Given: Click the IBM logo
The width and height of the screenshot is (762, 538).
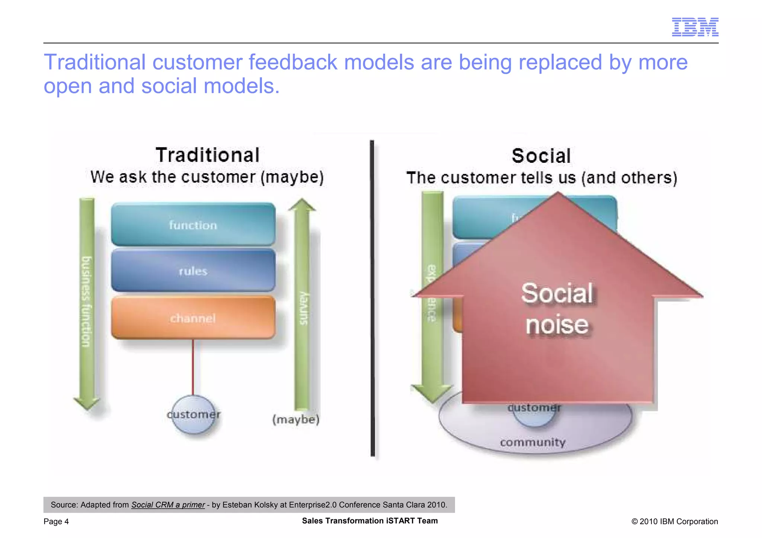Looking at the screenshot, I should pyautogui.click(x=695, y=27).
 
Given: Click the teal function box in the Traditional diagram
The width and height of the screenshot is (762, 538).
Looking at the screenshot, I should pyautogui.click(x=193, y=225).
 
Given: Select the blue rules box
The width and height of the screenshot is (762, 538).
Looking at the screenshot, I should pyautogui.click(x=193, y=271).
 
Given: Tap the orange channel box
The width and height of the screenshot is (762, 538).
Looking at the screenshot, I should pyautogui.click(x=193, y=318).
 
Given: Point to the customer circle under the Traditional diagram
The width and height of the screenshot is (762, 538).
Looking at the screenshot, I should pyautogui.click(x=193, y=415).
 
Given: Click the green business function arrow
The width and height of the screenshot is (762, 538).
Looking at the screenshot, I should pyautogui.click(x=86, y=301).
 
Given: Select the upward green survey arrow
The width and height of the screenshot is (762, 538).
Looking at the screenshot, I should pyautogui.click(x=302, y=305).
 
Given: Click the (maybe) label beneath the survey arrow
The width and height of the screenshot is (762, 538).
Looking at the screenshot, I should pyautogui.click(x=296, y=419).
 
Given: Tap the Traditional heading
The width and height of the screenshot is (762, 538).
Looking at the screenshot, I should pyautogui.click(x=208, y=155).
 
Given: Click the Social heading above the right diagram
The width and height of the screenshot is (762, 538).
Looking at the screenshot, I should pyautogui.click(x=541, y=156).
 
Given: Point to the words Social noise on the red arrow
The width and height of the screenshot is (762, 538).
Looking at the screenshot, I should pyautogui.click(x=557, y=309).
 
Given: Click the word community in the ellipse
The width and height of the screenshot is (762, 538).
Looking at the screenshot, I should pyautogui.click(x=532, y=442).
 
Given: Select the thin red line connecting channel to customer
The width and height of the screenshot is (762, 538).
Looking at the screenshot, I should pyautogui.click(x=193, y=366).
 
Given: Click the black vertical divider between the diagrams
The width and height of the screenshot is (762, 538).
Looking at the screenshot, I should pyautogui.click(x=372, y=297).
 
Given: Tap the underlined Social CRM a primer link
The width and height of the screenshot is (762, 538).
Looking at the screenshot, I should pyautogui.click(x=168, y=505).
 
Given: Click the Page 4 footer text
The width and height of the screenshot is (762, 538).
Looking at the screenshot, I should pyautogui.click(x=56, y=521).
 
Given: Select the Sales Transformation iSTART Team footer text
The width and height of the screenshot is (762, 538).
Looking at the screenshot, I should pyautogui.click(x=369, y=521).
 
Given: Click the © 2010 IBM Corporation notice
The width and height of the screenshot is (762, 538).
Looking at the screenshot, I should pyautogui.click(x=674, y=521).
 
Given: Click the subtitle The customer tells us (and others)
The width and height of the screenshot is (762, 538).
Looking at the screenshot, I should pyautogui.click(x=541, y=178).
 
